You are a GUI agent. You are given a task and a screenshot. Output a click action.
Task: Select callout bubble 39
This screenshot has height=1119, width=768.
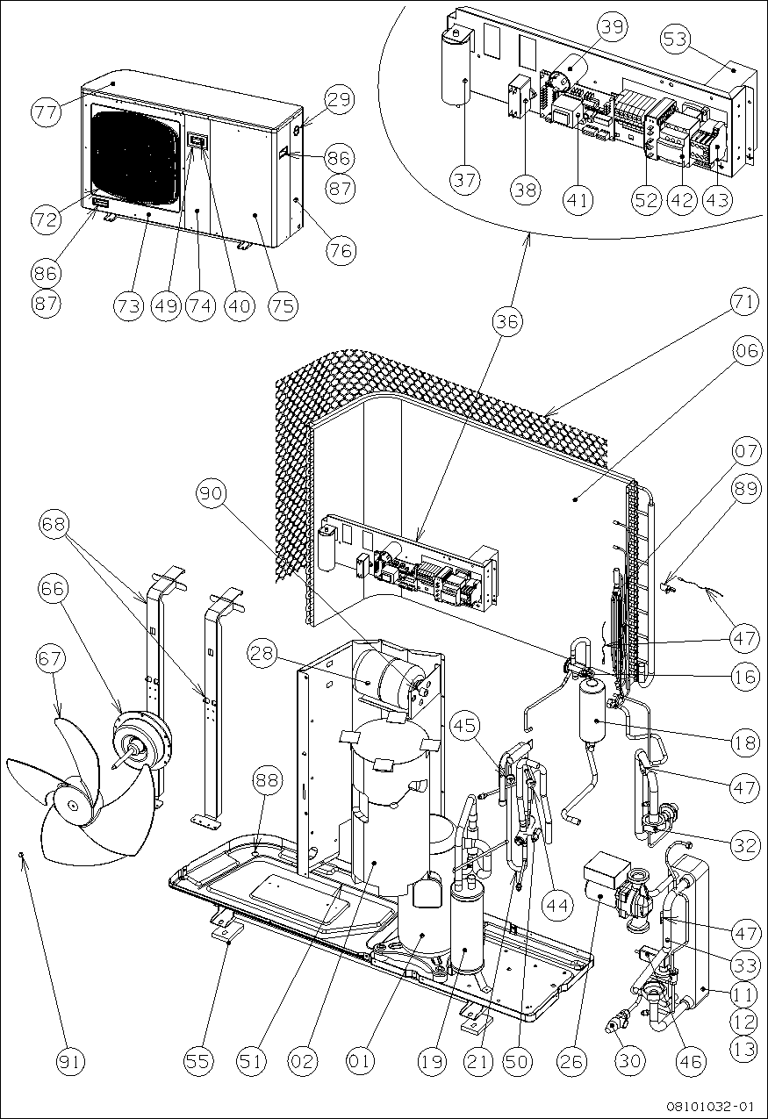tap(614, 27)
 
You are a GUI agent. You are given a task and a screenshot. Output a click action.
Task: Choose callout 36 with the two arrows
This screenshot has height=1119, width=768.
tap(508, 322)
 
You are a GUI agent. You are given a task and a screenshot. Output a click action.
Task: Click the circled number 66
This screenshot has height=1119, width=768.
tap(54, 589)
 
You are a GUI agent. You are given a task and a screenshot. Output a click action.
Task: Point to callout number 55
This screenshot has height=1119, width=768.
tap(199, 1060)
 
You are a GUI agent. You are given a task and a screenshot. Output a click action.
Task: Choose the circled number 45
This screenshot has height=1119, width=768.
tap(468, 725)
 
